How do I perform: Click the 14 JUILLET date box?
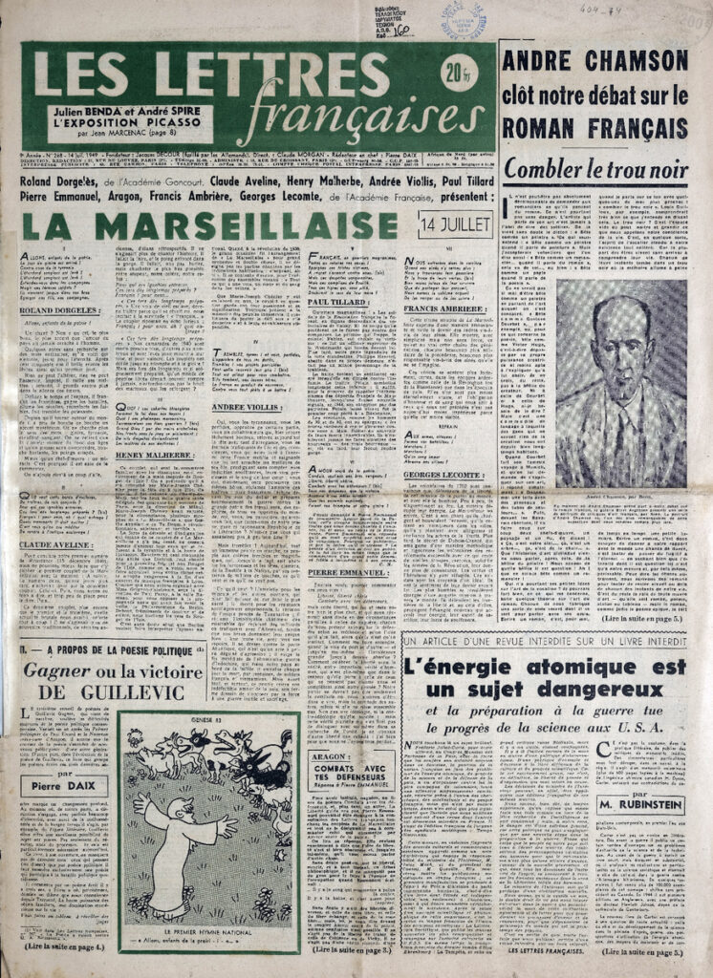point(455,224)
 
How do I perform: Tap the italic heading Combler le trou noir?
point(595,169)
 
